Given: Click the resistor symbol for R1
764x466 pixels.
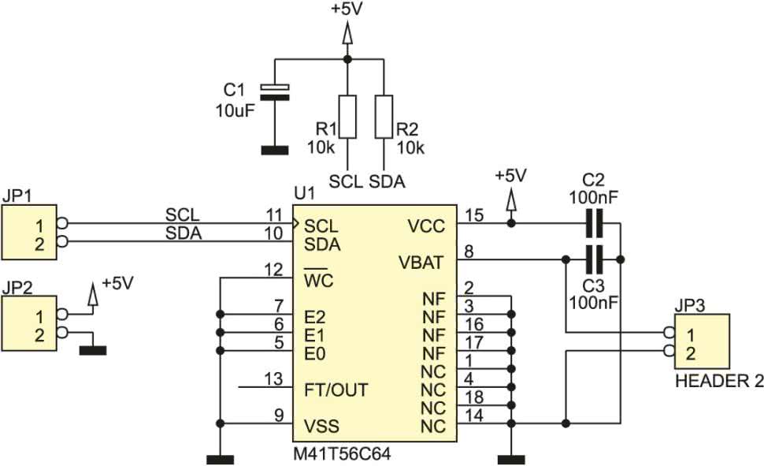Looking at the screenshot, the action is [x=347, y=117].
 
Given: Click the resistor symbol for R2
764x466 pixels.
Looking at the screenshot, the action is [x=384, y=117].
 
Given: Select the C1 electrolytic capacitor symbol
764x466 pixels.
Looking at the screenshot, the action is [x=275, y=92].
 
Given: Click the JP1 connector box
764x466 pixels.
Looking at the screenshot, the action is [x=29, y=233].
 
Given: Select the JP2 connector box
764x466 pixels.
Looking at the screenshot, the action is [x=29, y=323].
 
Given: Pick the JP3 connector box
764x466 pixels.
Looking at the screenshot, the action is [x=702, y=341].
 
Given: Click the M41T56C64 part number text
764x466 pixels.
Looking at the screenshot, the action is [x=342, y=454].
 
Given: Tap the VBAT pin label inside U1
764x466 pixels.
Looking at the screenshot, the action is [x=421, y=263].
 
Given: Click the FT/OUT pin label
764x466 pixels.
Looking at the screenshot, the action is [x=336, y=390].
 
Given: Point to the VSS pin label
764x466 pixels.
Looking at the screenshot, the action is [x=321, y=427].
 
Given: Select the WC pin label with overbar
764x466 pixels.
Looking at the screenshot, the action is [x=319, y=279].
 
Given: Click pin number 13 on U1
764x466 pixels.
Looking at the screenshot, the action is [x=273, y=378].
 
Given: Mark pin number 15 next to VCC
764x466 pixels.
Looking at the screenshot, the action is [x=475, y=214].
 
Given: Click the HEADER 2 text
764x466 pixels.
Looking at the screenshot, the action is [x=719, y=381].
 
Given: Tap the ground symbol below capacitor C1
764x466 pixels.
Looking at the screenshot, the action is [x=275, y=151].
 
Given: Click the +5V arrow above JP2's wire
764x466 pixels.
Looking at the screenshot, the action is [x=93, y=294].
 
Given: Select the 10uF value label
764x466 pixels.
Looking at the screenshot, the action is [x=236, y=110].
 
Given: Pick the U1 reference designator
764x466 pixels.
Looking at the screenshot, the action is [x=305, y=193].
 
